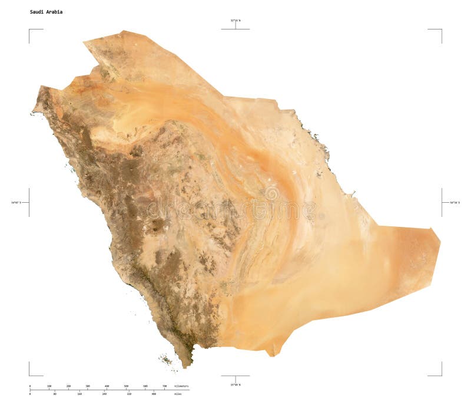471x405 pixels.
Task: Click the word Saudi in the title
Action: [x=36, y=12]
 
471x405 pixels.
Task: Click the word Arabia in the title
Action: [x=54, y=12]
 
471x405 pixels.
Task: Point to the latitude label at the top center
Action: [x=235, y=21]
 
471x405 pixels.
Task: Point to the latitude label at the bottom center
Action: [x=235, y=384]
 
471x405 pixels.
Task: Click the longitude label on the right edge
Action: [x=455, y=202]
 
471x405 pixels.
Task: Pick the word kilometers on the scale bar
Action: [x=182, y=386]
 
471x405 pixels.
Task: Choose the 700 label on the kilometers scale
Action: [x=164, y=386]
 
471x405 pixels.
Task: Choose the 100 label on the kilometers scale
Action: [x=49, y=386]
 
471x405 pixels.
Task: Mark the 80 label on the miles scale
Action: [x=55, y=393]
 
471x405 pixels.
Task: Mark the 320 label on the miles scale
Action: [x=129, y=393]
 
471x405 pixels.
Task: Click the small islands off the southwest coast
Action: [x=167, y=359]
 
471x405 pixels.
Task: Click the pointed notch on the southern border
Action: [x=272, y=355]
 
